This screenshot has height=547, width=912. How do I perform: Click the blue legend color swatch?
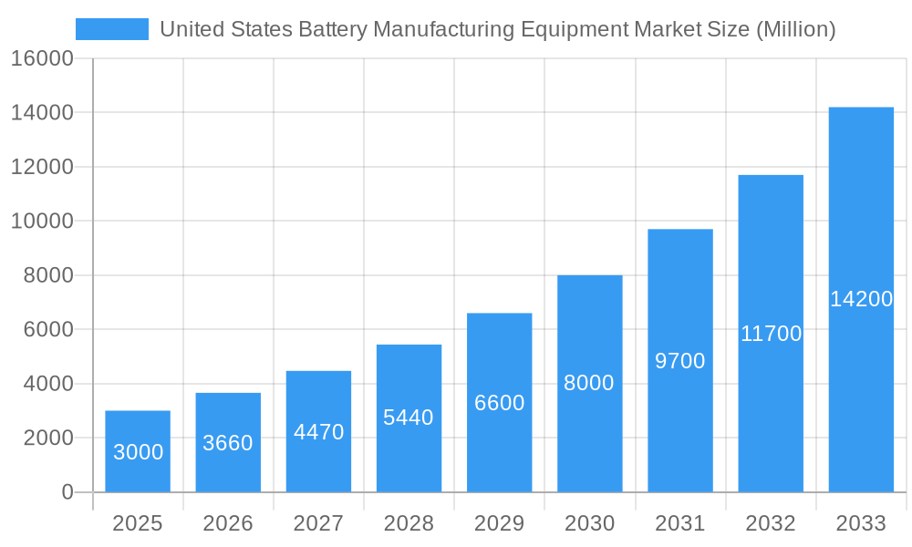111,29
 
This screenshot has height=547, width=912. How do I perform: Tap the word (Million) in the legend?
796,29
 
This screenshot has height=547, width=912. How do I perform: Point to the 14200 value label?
861,299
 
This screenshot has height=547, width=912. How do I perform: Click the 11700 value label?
771,334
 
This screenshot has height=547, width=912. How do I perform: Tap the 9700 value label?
680,361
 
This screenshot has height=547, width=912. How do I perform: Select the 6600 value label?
499,403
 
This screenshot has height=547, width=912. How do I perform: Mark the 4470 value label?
318,432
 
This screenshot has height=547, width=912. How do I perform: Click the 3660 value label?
228,443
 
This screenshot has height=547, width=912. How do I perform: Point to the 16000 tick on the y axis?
42,59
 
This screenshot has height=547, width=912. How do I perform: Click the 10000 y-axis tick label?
42,222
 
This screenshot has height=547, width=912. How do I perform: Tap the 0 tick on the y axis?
67,492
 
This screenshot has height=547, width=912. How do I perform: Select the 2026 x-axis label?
228,523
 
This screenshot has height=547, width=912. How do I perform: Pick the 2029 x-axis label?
499,523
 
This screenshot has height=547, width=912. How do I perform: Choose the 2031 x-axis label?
680,523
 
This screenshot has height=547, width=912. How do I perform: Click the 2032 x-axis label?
771,523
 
